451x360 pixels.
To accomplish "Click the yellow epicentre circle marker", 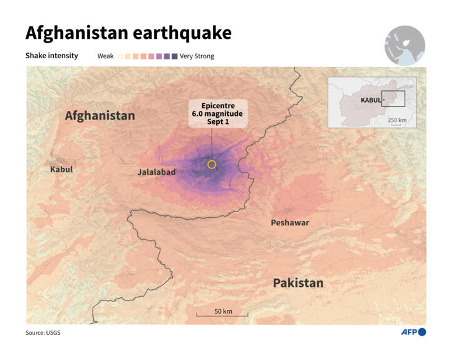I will [x=212, y=165].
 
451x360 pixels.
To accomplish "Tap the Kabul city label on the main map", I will [x=61, y=169].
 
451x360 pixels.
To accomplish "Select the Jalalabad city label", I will [x=157, y=172].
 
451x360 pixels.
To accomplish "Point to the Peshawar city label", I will [x=289, y=222].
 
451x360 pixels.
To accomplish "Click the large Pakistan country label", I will [x=298, y=283].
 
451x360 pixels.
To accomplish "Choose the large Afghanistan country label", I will [x=100, y=115].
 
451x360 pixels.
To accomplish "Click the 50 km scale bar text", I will [x=223, y=311].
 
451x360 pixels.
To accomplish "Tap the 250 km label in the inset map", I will [x=397, y=120].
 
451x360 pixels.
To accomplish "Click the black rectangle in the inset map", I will [x=393, y=98].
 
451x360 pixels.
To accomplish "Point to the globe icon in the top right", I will [x=405, y=46].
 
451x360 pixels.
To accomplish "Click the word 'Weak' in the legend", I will [x=105, y=56].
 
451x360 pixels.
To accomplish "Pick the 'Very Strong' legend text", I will [x=197, y=56].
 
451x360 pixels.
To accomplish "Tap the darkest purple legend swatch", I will [x=174, y=56].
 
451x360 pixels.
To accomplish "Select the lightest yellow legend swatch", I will [x=120, y=56].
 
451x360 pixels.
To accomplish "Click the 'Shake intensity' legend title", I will [x=51, y=56].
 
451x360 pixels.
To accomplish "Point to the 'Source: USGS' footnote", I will [x=43, y=332].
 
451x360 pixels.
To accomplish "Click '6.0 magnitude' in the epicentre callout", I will [x=217, y=114].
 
